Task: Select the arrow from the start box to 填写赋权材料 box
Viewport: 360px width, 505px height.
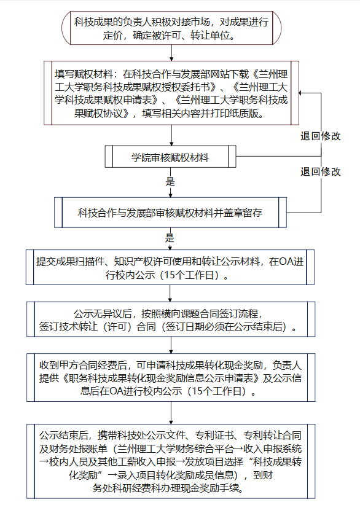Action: (x=171, y=53)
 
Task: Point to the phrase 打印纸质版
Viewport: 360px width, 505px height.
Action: (x=235, y=114)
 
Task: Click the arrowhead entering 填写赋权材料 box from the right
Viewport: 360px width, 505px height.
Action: (x=300, y=93)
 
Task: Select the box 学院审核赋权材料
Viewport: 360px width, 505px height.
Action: (x=170, y=157)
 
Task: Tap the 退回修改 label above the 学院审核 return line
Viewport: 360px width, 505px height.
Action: (x=321, y=136)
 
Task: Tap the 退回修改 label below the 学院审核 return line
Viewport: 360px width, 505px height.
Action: (x=321, y=171)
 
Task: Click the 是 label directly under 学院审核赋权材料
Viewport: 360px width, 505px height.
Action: (x=170, y=182)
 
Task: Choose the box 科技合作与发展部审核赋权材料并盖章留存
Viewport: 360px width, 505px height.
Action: (x=170, y=213)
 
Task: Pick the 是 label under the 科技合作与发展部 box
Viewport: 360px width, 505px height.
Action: (x=170, y=238)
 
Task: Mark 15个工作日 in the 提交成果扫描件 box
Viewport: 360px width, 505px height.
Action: (x=189, y=275)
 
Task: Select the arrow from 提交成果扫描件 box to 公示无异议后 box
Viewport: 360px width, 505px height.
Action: (x=170, y=294)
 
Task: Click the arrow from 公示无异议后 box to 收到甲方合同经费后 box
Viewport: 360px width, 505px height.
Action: (x=171, y=345)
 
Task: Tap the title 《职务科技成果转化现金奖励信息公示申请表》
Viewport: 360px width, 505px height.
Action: (x=161, y=378)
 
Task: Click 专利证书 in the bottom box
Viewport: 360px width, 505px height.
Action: (x=214, y=436)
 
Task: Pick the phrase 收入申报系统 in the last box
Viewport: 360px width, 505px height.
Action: (x=273, y=448)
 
